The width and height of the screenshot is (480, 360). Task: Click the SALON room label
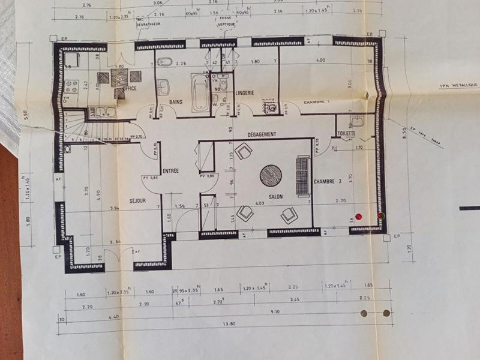tap(275, 196)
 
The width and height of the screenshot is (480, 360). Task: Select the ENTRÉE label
tap(170, 171)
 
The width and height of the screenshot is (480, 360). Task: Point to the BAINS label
tap(175, 103)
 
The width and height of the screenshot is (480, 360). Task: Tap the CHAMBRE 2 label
tap(327, 181)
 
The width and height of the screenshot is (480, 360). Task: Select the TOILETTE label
tap(347, 134)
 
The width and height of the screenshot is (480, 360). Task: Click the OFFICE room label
tap(130, 89)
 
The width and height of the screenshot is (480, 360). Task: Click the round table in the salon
tap(271, 175)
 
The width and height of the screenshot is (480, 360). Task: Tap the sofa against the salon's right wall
tap(302, 176)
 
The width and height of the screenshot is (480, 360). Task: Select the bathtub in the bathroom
tap(200, 92)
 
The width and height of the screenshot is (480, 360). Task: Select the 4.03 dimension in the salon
tap(259, 205)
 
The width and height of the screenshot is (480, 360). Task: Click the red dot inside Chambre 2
tap(359, 216)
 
